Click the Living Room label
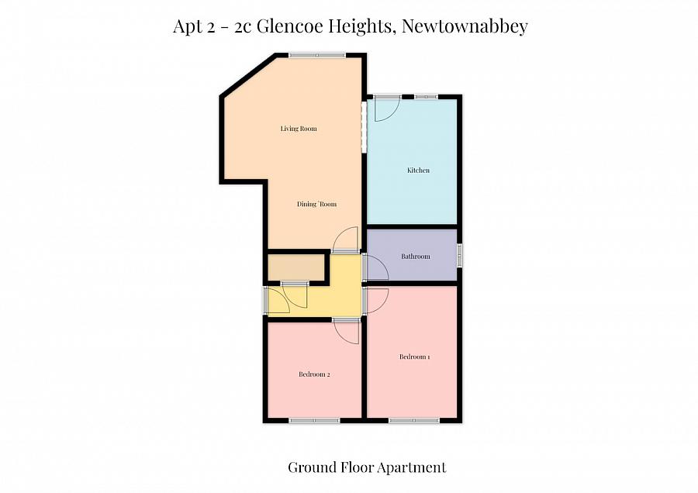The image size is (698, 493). tap(299, 129)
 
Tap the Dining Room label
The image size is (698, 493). tap(317, 205)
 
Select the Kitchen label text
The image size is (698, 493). tap(418, 171)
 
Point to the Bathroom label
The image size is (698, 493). tap(415, 257)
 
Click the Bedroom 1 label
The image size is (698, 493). tap(414, 357)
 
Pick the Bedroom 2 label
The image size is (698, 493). tap(314, 375)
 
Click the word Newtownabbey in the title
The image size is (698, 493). tap(466, 26)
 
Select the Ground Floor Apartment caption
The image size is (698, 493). tap(367, 467)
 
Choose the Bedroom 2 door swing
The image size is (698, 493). tap(347, 332)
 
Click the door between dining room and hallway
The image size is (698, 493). tap(345, 240)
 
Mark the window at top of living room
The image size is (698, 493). tap(316, 54)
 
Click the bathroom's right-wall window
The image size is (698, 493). tap(459, 256)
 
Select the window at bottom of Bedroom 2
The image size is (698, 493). tap(314, 421)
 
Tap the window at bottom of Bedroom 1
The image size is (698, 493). tap(413, 421)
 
